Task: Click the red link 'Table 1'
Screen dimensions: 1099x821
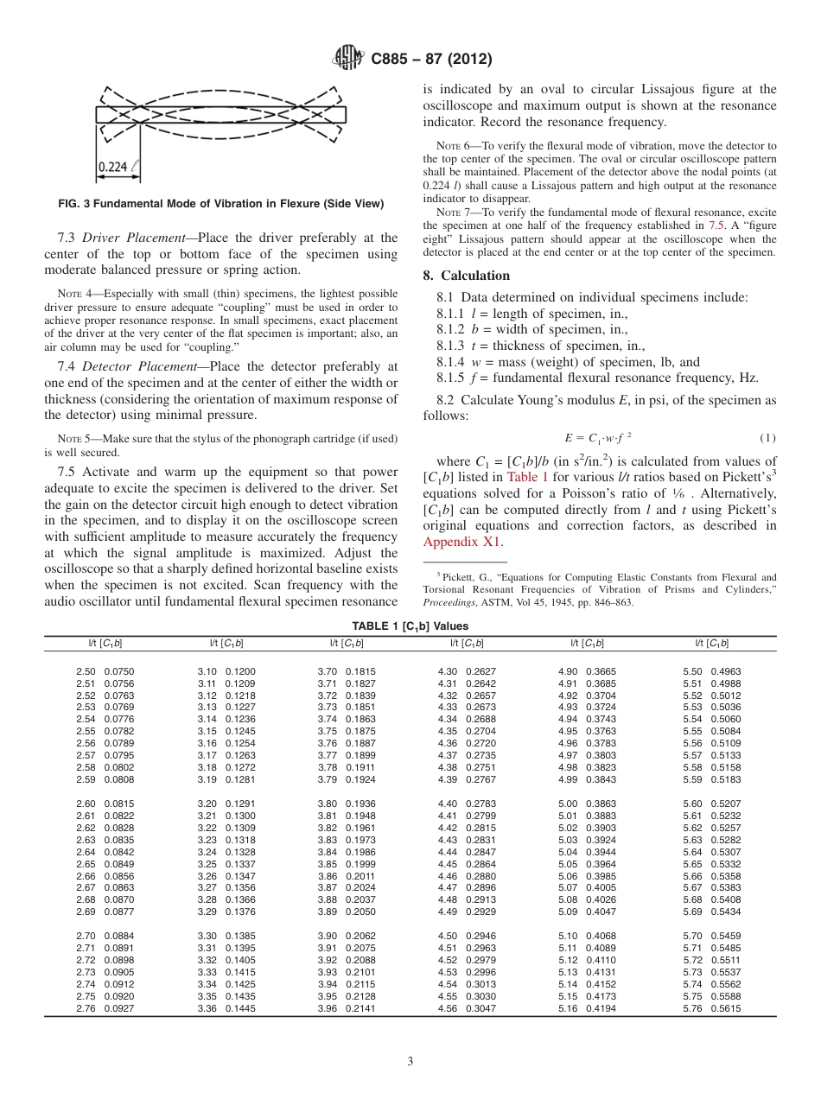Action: tap(525, 476)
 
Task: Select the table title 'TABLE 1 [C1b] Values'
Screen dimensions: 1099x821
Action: tap(410, 626)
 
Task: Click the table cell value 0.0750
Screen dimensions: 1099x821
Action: tap(119, 671)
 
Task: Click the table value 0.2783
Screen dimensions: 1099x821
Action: tap(481, 804)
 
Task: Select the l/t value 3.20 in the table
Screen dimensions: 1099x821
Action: tap(207, 804)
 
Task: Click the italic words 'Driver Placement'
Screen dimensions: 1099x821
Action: tap(126, 238)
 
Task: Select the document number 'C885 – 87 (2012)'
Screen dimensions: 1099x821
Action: tap(431, 59)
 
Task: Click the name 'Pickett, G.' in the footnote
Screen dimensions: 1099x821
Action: tap(467, 577)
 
